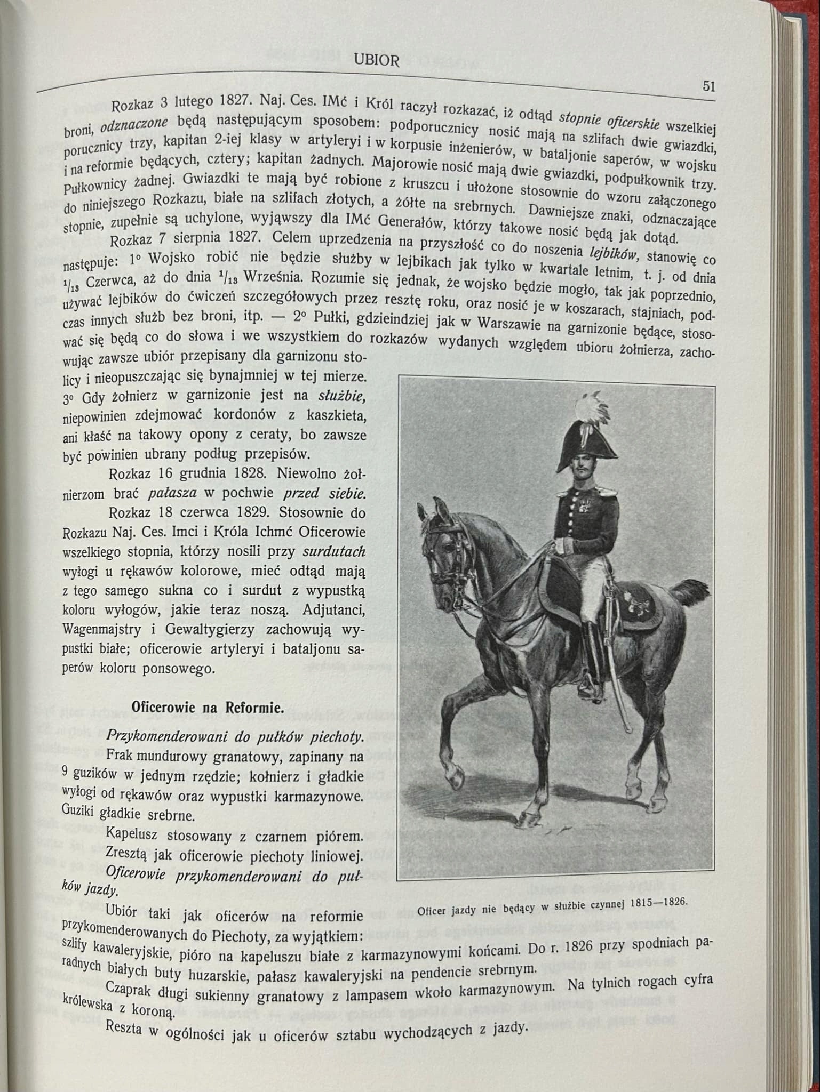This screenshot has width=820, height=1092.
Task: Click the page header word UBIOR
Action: coord(376,60)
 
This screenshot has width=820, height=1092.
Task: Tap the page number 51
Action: coord(708,86)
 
